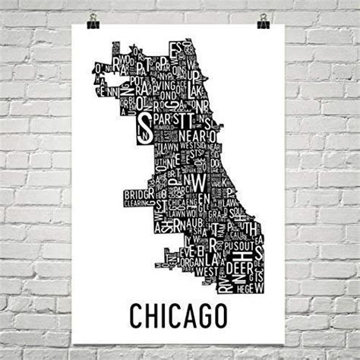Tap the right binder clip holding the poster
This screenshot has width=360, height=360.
[x=263, y=21]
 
